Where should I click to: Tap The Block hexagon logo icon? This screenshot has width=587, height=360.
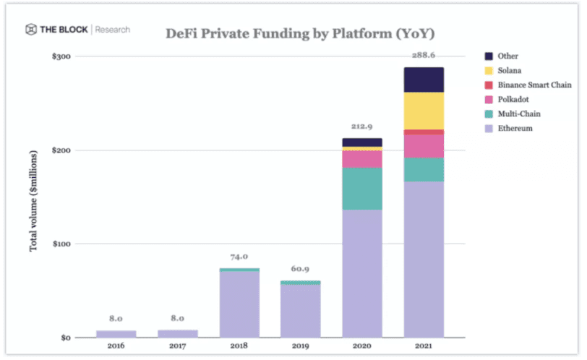[31, 29]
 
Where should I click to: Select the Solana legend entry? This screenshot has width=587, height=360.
[502, 70]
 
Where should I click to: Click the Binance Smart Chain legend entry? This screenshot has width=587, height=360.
[528, 85]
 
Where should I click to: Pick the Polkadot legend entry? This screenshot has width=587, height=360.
[507, 99]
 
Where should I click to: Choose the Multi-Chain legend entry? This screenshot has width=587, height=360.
[513, 113]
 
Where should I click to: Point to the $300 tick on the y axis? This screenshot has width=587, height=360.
[61, 56]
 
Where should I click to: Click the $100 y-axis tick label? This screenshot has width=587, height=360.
[61, 244]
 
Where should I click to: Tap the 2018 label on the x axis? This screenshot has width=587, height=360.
[239, 346]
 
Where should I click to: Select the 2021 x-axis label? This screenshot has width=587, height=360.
[424, 346]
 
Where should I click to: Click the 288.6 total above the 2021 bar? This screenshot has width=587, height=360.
[424, 56]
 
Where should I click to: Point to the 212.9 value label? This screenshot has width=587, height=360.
[361, 127]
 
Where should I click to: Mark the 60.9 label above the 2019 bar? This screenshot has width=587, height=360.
[300, 269]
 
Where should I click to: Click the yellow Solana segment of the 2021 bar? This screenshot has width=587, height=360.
[424, 111]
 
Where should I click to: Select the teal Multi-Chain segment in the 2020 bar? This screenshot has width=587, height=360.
[362, 189]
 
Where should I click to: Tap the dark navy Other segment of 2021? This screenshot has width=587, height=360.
[424, 80]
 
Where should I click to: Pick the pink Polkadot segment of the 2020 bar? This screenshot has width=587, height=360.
[362, 159]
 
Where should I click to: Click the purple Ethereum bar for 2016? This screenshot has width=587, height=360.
[116, 334]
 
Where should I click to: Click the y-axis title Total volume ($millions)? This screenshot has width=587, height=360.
[33, 201]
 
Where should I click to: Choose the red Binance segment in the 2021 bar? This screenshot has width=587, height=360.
[424, 132]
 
